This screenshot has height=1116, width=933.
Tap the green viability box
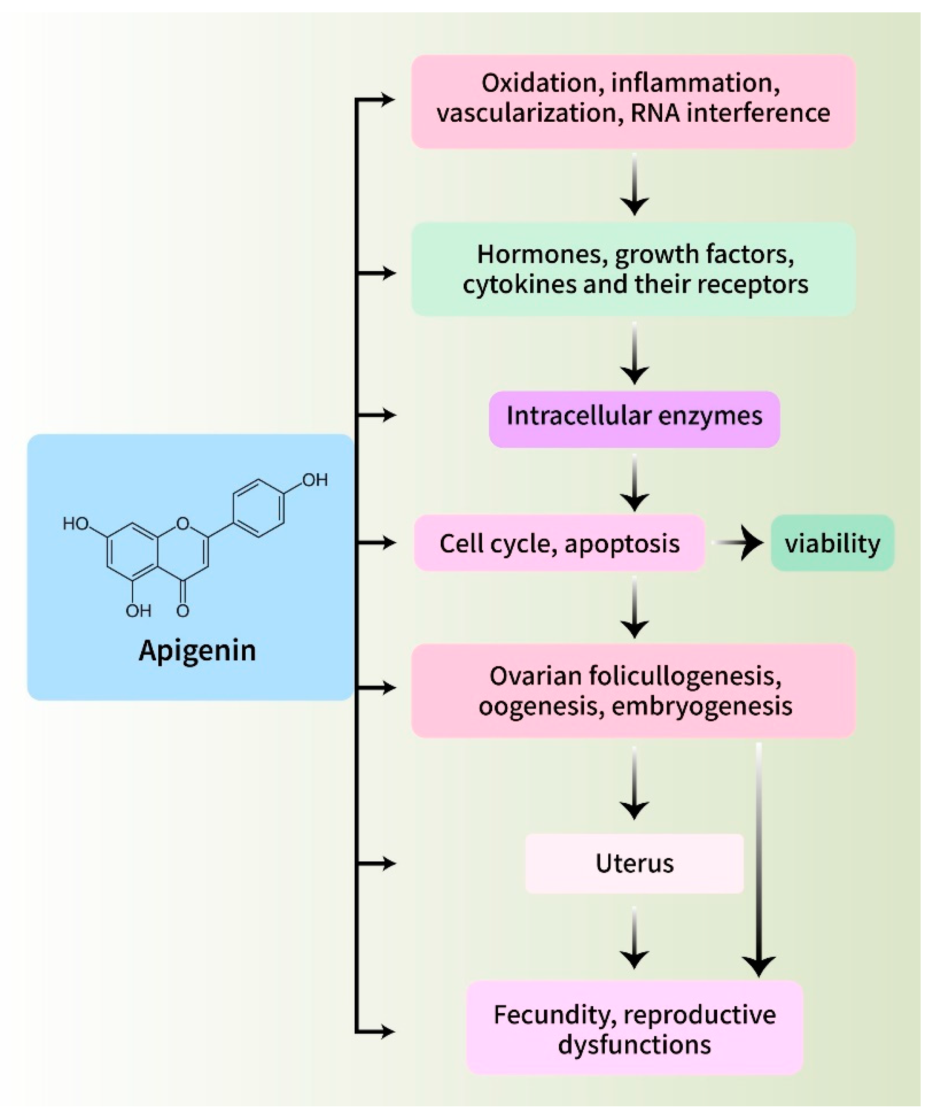tap(832, 543)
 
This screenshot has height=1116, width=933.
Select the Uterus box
tap(634, 863)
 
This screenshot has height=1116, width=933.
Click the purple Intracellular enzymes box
tap(634, 416)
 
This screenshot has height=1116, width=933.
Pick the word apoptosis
tap(622, 543)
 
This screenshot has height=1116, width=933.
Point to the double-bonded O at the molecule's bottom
tap(183, 611)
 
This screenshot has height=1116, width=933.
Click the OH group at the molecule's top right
tap(315, 480)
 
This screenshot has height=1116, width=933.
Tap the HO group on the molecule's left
tap(75, 524)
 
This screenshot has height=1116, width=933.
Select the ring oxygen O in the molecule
tap(183, 524)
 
